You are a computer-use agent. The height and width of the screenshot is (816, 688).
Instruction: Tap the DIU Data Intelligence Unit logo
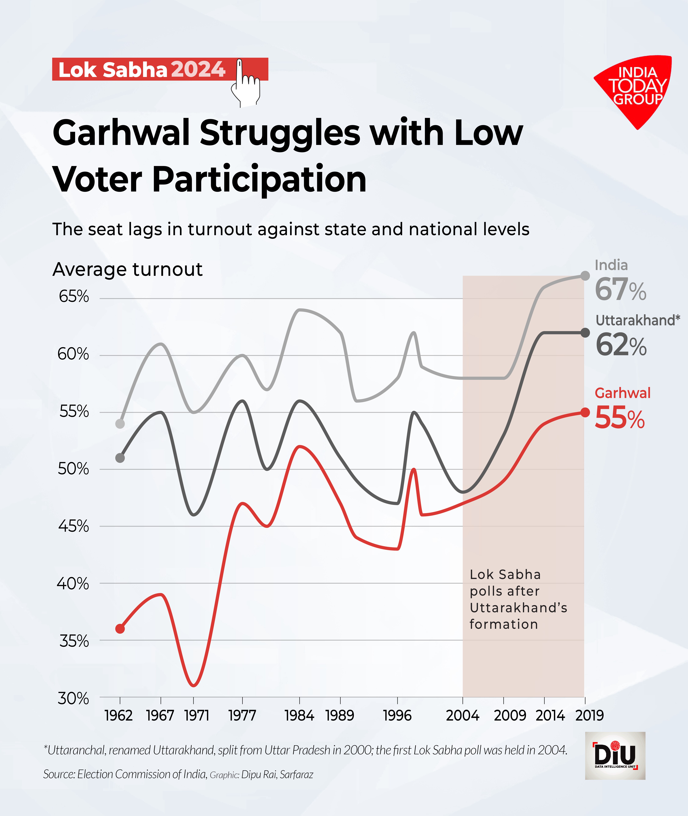(x=615, y=756)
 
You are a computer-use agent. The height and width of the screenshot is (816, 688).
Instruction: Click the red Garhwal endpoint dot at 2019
(x=585, y=412)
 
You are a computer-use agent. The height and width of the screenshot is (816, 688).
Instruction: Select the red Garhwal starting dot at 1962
(x=120, y=629)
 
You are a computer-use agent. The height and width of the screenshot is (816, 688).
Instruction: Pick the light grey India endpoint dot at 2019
(x=585, y=276)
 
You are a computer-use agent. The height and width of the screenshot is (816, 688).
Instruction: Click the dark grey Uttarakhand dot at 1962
(x=120, y=458)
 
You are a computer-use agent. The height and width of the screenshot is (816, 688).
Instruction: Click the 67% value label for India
(x=620, y=289)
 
